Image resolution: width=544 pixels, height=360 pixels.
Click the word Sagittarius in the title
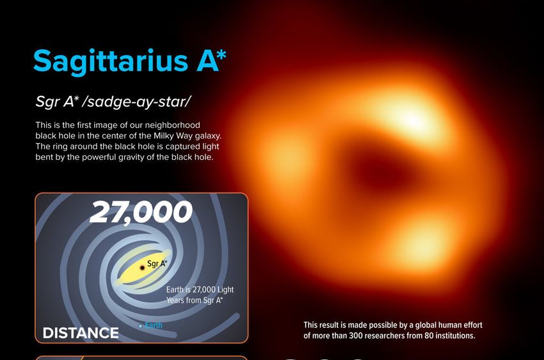tap(111, 61)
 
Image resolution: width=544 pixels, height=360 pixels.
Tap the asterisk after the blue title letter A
tap(221, 55)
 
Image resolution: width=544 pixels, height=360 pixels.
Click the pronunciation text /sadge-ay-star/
tap(136, 102)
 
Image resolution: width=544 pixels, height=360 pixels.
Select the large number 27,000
tap(141, 212)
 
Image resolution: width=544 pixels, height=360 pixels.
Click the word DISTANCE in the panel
tap(81, 333)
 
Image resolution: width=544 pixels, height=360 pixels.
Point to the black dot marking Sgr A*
tap(142, 268)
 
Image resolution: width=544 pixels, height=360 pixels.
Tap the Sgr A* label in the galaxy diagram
tap(157, 263)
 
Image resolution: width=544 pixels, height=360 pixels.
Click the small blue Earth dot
tap(140, 326)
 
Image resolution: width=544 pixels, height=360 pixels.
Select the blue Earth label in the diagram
tap(154, 325)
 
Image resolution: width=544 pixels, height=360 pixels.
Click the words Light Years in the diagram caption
tap(200, 295)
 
